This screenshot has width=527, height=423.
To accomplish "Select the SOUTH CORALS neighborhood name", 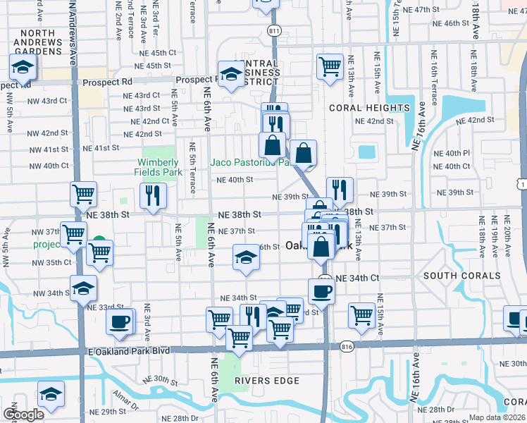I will [461, 275].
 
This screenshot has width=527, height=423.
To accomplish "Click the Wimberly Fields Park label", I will [156, 166].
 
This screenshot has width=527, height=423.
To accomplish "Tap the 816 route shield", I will [346, 346].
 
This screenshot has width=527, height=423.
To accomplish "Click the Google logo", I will [23, 415].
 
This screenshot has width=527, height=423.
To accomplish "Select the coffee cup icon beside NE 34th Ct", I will [321, 290].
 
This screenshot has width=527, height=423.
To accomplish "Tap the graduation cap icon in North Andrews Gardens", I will [23, 68].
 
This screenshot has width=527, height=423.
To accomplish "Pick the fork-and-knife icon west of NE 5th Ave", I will [153, 195].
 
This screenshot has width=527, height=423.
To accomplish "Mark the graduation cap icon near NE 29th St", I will [51, 395].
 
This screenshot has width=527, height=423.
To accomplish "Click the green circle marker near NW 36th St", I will [99, 242].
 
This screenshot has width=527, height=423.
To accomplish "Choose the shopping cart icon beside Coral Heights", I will [330, 66].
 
